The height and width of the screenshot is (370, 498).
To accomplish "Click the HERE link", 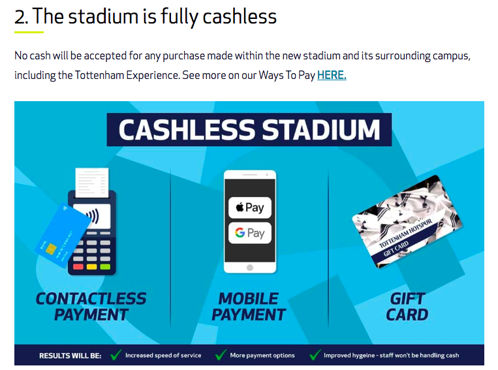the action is [332, 75].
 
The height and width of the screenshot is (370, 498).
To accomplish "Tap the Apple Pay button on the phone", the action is [250, 208].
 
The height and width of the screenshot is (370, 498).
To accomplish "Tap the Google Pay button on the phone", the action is [250, 233].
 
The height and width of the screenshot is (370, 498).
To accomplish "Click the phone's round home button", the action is [250, 268].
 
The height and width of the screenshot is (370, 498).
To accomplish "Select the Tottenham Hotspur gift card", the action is [407, 221].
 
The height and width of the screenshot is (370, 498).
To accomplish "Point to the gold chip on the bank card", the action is [51, 249].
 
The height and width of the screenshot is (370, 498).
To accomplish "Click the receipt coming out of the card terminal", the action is [92, 183].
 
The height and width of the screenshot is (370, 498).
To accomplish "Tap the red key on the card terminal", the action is [78, 267].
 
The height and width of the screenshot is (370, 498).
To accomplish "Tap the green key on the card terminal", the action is [105, 267].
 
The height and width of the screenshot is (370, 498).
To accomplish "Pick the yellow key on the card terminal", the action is [92, 267].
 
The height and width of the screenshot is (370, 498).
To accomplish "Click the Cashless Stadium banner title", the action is [249, 130].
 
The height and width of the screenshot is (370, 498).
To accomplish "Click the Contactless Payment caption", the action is [91, 307].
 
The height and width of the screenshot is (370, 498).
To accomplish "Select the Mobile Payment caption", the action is [249, 307].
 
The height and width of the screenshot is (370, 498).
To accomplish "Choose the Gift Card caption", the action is [407, 307].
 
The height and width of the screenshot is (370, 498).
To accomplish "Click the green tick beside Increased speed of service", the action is [116, 354].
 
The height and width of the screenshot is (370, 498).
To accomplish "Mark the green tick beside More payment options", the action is [221, 354].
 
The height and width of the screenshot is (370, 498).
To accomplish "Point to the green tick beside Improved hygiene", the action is [315, 354].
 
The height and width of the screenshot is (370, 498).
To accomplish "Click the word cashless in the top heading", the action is [240, 16].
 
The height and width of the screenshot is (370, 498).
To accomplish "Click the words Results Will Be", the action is [70, 356].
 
